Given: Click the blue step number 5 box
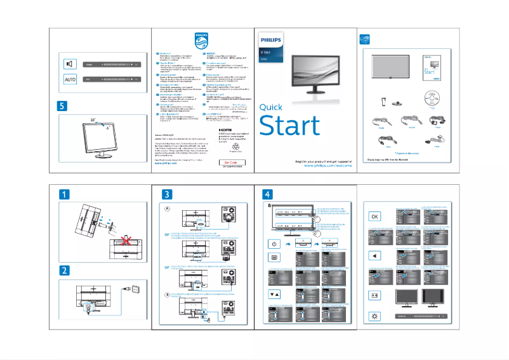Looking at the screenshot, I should pos(62,106).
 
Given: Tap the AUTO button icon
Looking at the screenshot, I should pos(70,79).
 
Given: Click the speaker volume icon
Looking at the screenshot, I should pos(70,64).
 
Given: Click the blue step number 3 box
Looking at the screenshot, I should pos(167,194).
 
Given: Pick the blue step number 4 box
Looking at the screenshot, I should pos(269,194).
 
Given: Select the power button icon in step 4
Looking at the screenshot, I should pos(274,243).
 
